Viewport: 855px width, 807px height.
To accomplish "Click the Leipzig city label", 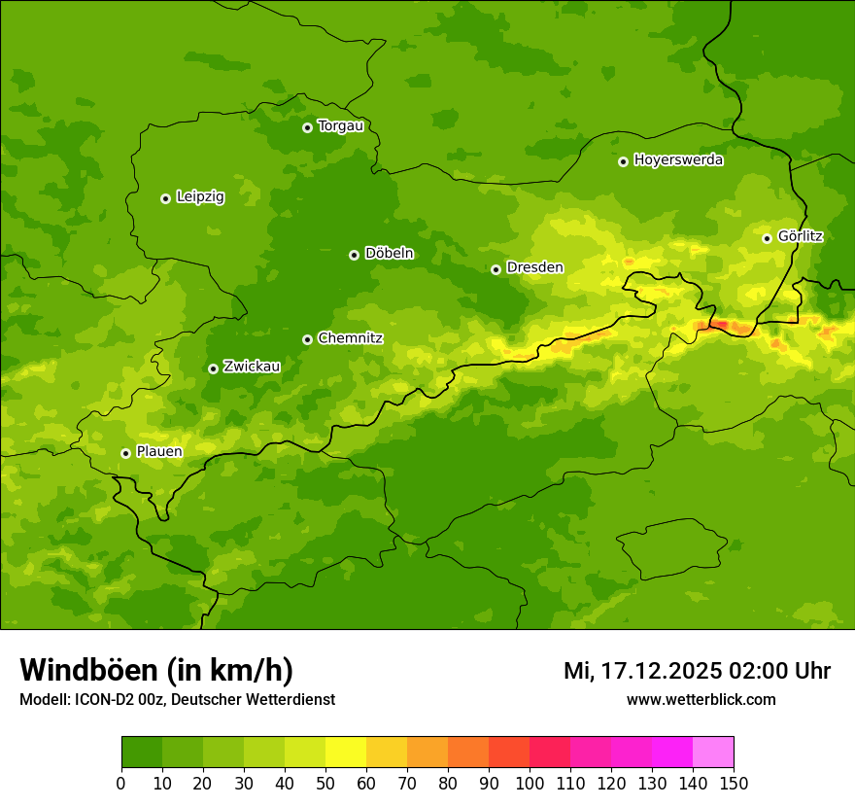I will pos(200,197).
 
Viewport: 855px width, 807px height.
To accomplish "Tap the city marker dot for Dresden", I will pos(496,269).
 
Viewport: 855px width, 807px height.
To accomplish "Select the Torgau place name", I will pos(341,126).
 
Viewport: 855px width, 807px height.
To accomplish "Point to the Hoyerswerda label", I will pos(678,160).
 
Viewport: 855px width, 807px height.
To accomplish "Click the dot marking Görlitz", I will pos(767,238).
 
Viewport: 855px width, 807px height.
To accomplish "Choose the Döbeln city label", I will pos(389,254).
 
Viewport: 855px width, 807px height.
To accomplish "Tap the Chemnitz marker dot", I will pos(307,339).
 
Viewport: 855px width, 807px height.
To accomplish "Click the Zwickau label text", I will pos(252,367).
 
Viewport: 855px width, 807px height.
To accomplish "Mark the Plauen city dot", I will pos(125,453).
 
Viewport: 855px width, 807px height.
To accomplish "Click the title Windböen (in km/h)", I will pos(156,671).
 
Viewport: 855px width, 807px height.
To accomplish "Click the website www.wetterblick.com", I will pos(701,700).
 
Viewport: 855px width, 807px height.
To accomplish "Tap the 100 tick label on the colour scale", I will pos(530,783).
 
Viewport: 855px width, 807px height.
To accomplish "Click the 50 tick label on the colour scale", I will pos(325,783).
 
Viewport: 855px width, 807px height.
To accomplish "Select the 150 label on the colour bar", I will pos(734,783).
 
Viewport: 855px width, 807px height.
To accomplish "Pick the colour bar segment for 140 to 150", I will pos(713,753).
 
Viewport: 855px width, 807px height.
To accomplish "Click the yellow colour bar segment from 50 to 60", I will pos(346,753).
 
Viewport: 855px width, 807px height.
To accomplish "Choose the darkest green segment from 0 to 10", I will pos(142,753).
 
